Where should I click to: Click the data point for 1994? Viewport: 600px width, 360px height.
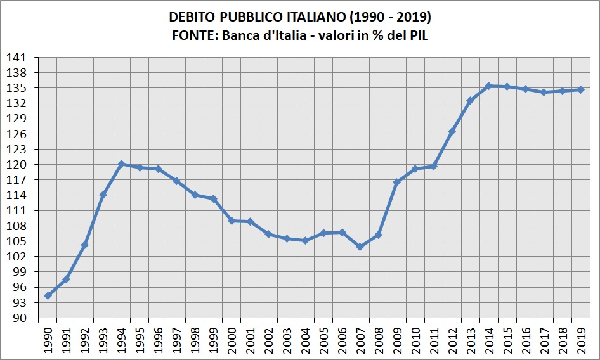(121, 164)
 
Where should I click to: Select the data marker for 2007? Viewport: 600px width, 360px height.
(360, 247)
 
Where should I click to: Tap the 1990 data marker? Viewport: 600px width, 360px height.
(48, 296)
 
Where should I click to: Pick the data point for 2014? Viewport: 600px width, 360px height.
(488, 86)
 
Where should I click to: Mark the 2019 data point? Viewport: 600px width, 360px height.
(580, 90)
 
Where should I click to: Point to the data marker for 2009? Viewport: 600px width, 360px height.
(397, 183)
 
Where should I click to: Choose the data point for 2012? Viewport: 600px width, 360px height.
(452, 131)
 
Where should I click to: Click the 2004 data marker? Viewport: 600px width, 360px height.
(305, 240)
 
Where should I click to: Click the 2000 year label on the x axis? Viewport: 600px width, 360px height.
(232, 340)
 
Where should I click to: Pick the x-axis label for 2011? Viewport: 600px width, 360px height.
(434, 340)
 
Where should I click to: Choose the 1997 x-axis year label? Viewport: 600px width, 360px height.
(176, 340)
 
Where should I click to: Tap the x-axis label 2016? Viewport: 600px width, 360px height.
(526, 340)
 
